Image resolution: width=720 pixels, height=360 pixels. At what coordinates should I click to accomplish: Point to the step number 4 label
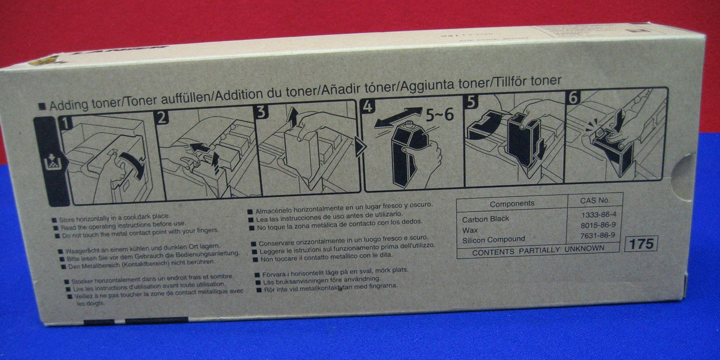pyautogui.click(x=368, y=107)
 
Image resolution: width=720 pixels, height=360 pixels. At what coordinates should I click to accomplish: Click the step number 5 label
pyautogui.click(x=470, y=102)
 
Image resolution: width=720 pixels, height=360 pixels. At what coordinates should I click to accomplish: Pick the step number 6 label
pyautogui.click(x=573, y=98)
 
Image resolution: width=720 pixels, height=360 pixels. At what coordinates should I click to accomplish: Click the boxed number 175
pyautogui.click(x=641, y=243)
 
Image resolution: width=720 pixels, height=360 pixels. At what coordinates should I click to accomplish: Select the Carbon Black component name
pyautogui.click(x=485, y=219)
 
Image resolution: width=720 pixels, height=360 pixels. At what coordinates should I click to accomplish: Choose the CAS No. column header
pyautogui.click(x=595, y=201)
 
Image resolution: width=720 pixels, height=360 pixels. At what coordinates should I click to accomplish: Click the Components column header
pyautogui.click(x=512, y=204)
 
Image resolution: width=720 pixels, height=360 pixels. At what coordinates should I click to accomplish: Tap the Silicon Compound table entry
pyautogui.click(x=493, y=240)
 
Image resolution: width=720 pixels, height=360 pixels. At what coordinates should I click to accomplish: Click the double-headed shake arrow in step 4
pyautogui.click(x=398, y=119)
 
